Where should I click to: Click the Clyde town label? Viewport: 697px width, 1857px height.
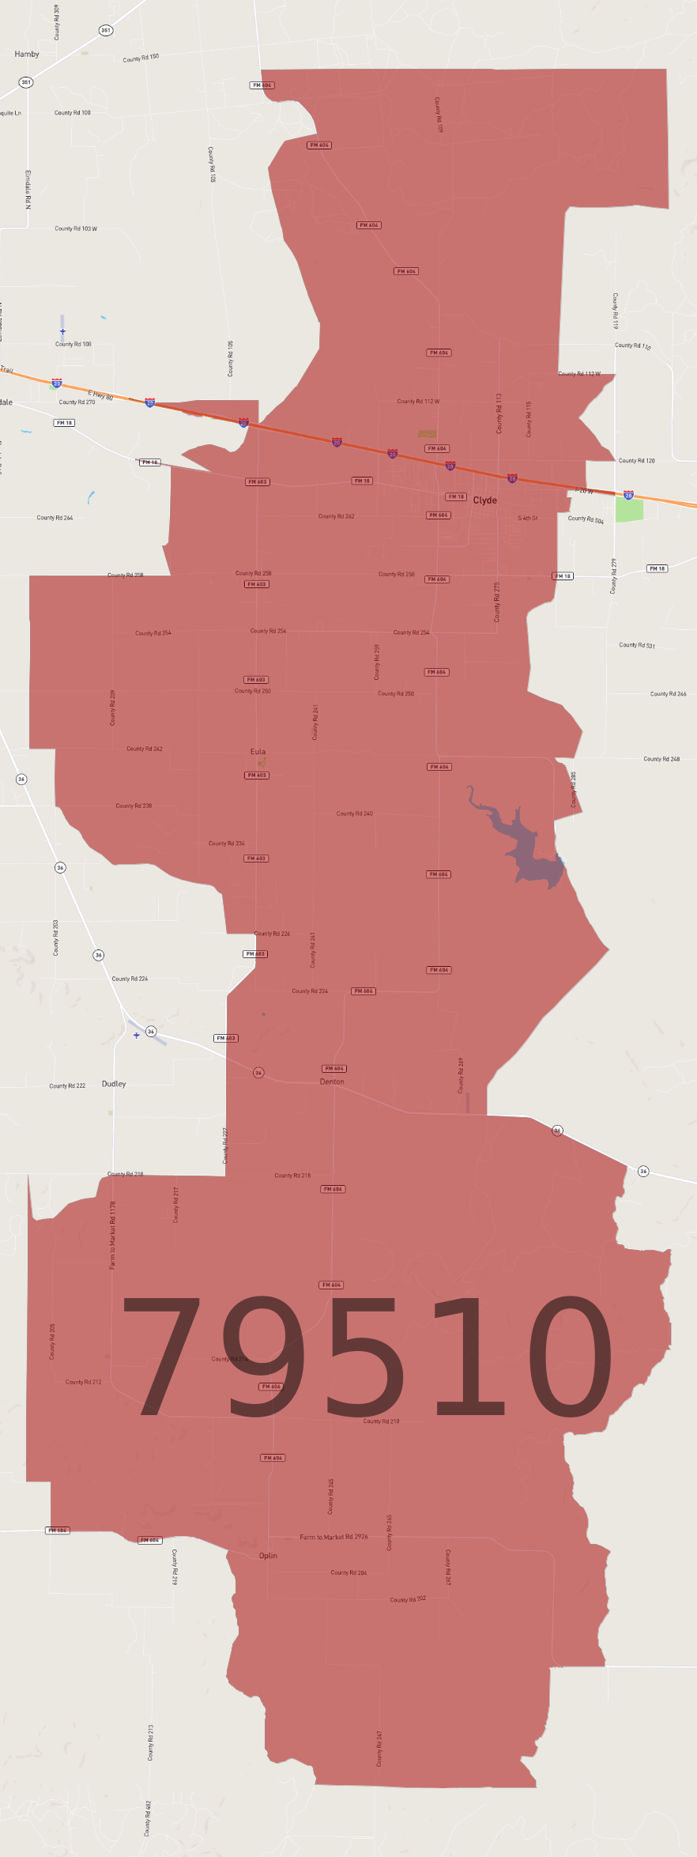click(x=484, y=500)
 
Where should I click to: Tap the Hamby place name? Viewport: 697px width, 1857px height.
click(x=27, y=55)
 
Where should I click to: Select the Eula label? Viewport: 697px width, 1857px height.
click(x=258, y=752)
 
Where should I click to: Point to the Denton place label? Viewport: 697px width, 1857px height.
click(x=332, y=1081)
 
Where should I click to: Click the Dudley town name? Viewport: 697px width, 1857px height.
click(x=114, y=1084)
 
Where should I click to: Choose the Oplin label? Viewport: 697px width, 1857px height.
click(x=268, y=1555)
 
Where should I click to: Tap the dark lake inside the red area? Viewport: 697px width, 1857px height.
click(x=522, y=846)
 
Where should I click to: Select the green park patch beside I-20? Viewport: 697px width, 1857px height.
click(x=629, y=510)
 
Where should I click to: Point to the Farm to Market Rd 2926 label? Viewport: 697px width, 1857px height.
click(x=333, y=1537)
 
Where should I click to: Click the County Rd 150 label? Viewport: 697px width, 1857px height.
click(x=141, y=58)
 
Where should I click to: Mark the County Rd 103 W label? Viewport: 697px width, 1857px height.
click(x=76, y=228)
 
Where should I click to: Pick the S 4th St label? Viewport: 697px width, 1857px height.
click(x=528, y=519)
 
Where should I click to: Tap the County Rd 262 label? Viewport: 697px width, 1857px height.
click(x=336, y=516)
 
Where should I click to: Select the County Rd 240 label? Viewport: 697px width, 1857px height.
click(x=354, y=813)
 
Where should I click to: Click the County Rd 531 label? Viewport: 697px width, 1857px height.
click(x=637, y=645)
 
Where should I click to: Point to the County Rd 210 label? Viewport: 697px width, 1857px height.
click(x=381, y=1421)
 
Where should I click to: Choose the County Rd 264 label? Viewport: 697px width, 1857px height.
click(x=55, y=518)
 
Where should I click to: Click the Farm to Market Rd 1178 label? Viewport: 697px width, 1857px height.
click(x=112, y=1235)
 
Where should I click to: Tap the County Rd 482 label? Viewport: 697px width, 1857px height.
click(x=147, y=1818)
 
